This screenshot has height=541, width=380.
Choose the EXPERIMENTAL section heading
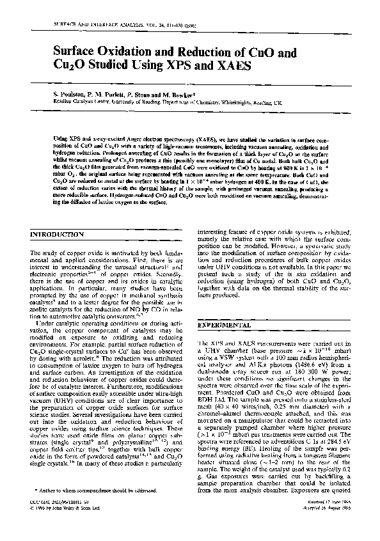tap(224, 325)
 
